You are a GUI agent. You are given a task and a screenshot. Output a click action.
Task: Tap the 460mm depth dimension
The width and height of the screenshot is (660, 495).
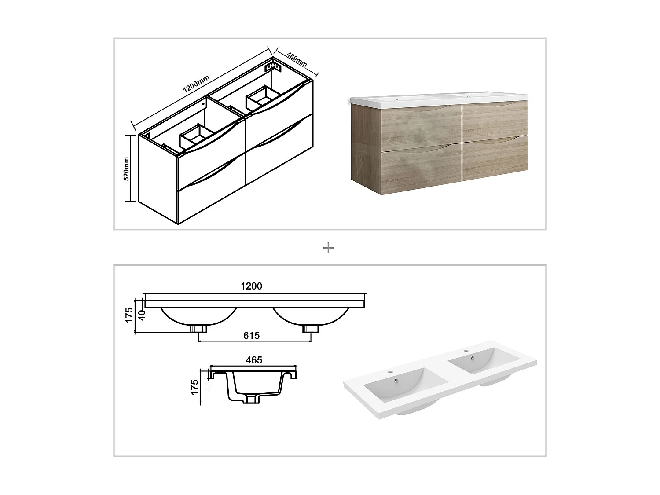tap(297, 59)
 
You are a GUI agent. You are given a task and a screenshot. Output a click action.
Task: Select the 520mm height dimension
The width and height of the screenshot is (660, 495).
tap(126, 169)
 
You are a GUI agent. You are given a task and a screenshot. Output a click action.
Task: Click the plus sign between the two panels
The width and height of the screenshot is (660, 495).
tap(328, 248)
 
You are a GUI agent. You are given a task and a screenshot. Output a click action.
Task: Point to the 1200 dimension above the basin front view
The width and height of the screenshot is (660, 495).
tap(251, 286)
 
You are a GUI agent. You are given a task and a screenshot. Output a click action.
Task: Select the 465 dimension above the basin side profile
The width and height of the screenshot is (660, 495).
tap(254, 360)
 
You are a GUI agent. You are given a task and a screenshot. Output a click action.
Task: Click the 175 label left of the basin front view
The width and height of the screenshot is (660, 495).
tap(129, 315)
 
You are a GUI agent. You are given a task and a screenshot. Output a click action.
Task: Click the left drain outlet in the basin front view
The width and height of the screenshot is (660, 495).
tap(199, 329)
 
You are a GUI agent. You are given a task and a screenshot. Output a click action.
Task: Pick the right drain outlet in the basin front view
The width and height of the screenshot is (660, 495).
tap(311, 329)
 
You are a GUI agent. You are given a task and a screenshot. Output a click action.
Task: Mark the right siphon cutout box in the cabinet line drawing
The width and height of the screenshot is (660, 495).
tap(261, 97)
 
